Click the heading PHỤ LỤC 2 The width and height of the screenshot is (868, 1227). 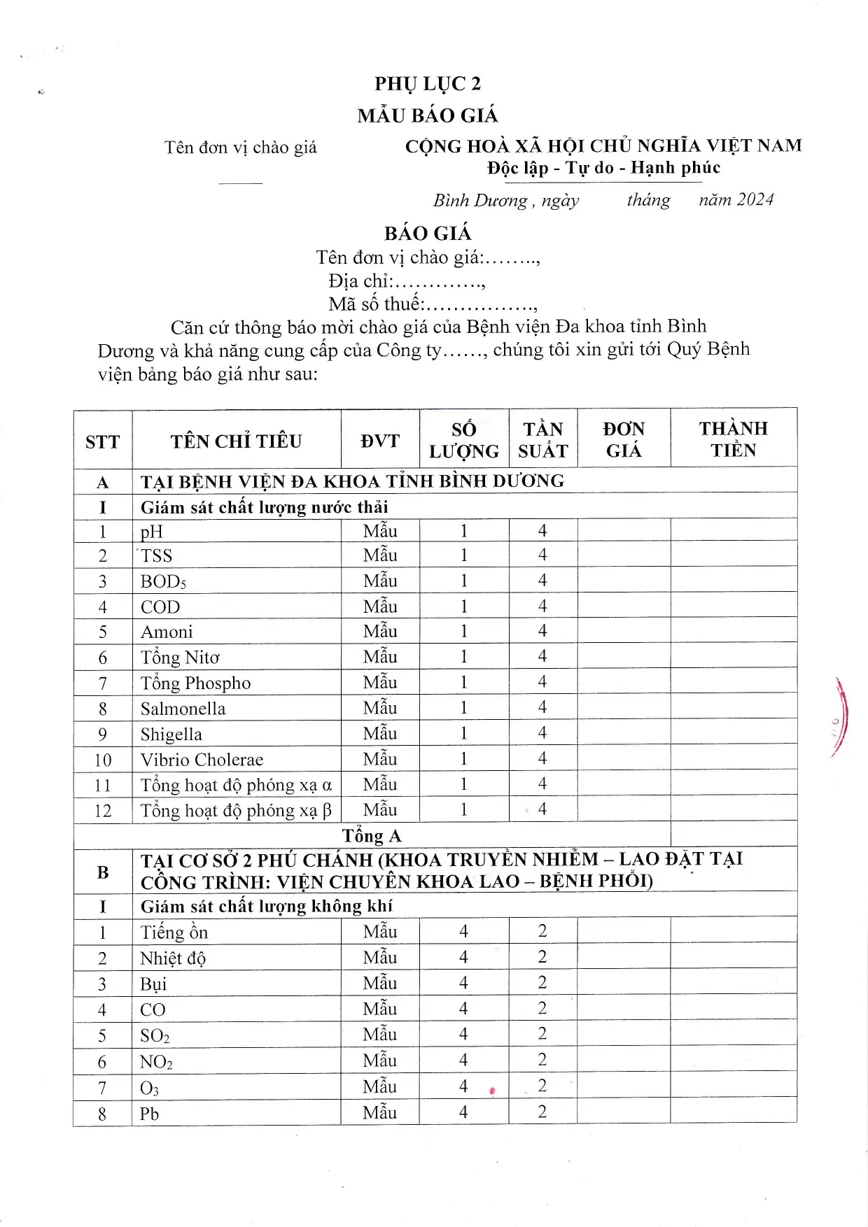click(428, 84)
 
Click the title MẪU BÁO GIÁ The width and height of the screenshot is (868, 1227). click(428, 115)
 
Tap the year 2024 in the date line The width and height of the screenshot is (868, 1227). click(755, 200)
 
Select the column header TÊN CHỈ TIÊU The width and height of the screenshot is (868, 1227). click(236, 441)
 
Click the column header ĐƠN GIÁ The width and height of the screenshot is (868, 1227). click(623, 440)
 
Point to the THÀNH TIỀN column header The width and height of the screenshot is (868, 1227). click(733, 439)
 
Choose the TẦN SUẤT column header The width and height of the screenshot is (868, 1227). click(542, 440)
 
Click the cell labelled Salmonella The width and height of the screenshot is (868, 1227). click(183, 709)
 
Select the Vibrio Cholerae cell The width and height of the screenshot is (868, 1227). click(202, 760)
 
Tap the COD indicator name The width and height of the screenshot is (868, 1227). click(160, 607)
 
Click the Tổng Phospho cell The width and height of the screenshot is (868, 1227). click(195, 683)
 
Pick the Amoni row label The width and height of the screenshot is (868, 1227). click(167, 632)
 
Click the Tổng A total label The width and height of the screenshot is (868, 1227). click(372, 836)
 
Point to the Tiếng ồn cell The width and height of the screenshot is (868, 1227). click(174, 932)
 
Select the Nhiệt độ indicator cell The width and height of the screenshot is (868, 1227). click(173, 958)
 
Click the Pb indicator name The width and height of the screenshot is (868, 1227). click(149, 1114)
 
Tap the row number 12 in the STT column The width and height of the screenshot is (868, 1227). click(102, 811)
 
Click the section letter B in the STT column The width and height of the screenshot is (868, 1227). click(102, 872)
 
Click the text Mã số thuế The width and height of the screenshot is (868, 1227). click(374, 304)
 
